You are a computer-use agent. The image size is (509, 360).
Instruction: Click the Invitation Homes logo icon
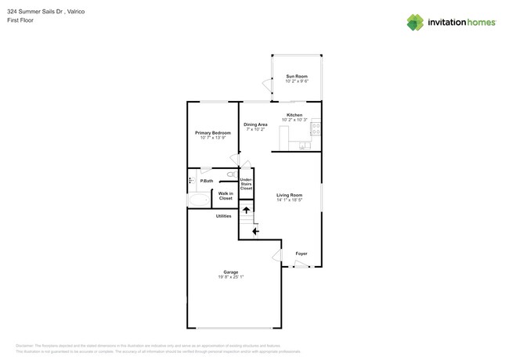tap(415, 23)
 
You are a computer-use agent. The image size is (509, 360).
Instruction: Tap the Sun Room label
tap(296, 76)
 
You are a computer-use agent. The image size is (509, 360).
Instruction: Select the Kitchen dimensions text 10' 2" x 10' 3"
tap(294, 120)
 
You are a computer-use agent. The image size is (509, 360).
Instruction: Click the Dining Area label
tap(255, 124)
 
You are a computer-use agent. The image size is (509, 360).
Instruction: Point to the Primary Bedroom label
tap(213, 133)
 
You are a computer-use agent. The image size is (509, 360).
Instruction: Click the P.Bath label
tap(206, 181)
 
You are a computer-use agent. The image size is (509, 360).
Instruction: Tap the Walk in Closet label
tap(226, 196)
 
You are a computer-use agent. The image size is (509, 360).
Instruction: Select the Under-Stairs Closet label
tap(246, 184)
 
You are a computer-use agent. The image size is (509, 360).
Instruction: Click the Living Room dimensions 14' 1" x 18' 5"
tap(289, 200)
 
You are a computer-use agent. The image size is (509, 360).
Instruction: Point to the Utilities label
tap(223, 216)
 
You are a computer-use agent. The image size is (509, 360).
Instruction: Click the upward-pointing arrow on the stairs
tap(247, 210)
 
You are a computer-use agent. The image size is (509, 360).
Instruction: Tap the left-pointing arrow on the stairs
tap(255, 231)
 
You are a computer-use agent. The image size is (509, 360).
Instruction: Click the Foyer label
tap(301, 254)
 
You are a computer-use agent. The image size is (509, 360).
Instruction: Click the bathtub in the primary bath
tap(199, 200)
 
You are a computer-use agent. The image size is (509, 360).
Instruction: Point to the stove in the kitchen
tap(316, 128)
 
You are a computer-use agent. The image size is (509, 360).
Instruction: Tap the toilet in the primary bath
tap(231, 175)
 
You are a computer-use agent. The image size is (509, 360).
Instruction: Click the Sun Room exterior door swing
tap(266, 85)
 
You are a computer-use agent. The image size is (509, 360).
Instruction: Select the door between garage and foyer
tap(276, 255)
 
